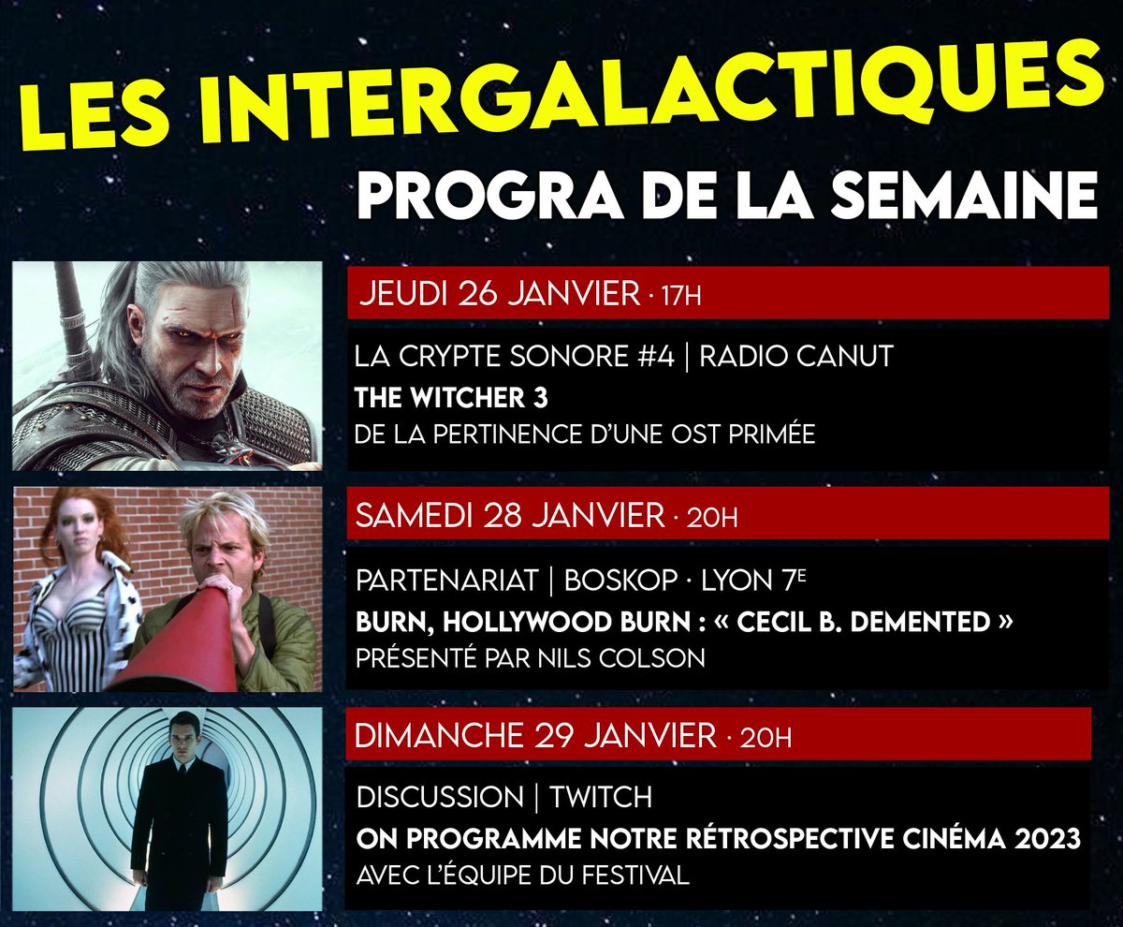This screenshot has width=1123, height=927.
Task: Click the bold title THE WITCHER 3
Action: [x=451, y=397]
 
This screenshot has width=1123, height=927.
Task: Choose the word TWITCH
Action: [x=600, y=798]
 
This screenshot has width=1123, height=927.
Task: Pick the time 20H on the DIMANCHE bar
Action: [x=765, y=738]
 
